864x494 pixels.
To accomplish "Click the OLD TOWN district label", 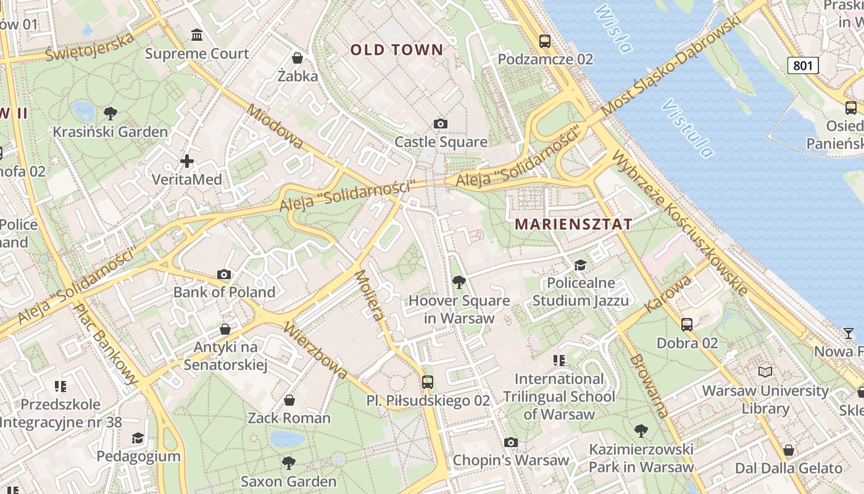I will [x=397, y=50].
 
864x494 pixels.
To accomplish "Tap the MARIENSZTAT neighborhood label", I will [x=574, y=224].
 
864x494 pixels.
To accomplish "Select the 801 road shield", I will [x=803, y=65].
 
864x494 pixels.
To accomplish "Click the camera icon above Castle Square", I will [x=441, y=124].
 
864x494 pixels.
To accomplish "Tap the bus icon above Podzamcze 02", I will [x=545, y=41].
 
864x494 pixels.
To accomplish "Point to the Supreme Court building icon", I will [x=197, y=35].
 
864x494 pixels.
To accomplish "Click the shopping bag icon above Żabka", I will [x=297, y=58].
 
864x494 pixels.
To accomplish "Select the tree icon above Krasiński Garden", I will [x=110, y=113].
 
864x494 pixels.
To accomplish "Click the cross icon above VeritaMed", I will [x=187, y=162].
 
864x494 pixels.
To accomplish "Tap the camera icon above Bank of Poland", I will [x=224, y=274].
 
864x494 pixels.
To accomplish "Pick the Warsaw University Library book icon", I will [x=765, y=372].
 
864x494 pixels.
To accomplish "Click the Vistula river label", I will [x=687, y=128].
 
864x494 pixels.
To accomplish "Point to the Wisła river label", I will [x=614, y=28].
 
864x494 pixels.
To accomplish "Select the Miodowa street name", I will [x=275, y=127].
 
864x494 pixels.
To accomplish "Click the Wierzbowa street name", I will [x=315, y=350].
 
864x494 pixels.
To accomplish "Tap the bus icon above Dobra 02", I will [x=687, y=324].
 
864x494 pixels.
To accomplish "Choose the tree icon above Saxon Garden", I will [x=288, y=463].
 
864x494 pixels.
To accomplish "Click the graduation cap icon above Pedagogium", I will [x=138, y=438].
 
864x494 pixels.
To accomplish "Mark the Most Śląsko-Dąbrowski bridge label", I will [x=671, y=67].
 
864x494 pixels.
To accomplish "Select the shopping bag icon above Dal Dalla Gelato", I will [x=788, y=450].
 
